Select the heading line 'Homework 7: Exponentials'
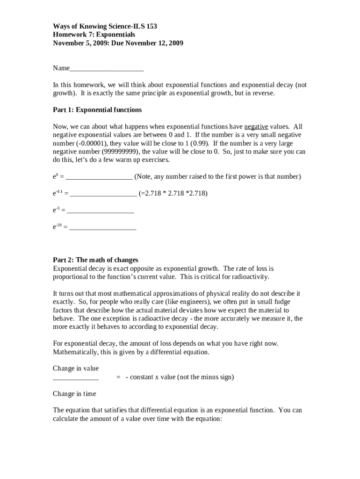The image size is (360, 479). (94, 35)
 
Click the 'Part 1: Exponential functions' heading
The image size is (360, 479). (97, 110)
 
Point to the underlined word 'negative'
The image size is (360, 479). (256, 127)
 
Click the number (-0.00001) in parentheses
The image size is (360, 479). (92, 144)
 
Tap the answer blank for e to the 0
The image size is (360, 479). (99, 177)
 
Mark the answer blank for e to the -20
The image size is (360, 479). (102, 228)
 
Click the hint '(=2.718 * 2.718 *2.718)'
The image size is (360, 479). (173, 193)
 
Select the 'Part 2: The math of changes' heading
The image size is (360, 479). (95, 260)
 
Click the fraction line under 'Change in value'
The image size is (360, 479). (76, 378)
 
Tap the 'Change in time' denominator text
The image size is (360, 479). (74, 394)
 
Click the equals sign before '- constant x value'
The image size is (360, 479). (119, 377)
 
